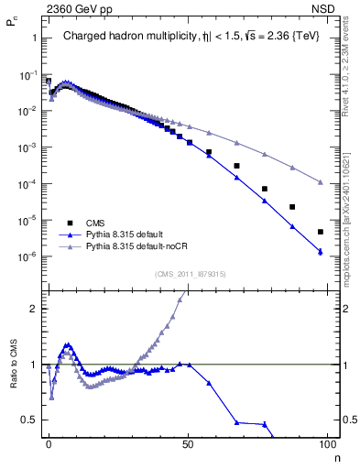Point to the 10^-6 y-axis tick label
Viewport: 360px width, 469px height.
[25, 256]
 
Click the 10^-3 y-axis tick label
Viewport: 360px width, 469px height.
[25, 147]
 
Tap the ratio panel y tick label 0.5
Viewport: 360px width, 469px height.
[26, 420]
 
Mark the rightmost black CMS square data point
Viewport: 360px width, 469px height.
[321, 232]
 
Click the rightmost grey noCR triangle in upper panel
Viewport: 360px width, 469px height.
[321, 182]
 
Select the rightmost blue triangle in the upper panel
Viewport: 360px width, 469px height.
[321, 251]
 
